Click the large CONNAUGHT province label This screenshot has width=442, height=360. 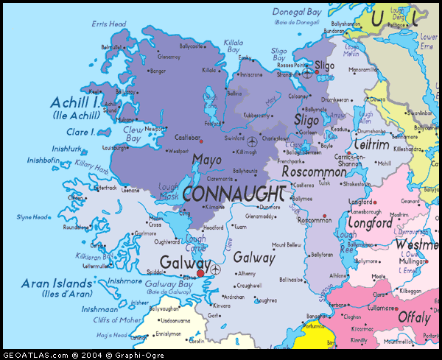(234, 194)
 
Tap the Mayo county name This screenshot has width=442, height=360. (206, 160)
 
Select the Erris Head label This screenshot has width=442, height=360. (109, 24)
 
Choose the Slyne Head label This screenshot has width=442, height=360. (32, 216)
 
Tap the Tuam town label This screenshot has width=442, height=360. (239, 227)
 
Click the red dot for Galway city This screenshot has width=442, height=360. (200, 273)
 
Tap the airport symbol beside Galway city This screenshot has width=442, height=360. (214, 270)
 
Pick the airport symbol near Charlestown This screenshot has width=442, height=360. (253, 140)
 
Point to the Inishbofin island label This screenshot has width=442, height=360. (43, 160)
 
